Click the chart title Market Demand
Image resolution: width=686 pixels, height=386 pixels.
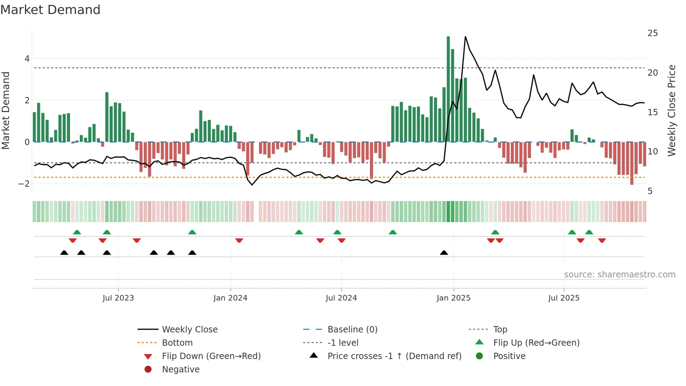tap(50, 10)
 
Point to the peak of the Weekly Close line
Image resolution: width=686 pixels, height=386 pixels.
tap(465, 37)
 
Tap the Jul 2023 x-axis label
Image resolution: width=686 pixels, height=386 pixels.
tap(118, 298)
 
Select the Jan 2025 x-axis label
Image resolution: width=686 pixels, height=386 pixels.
tap(454, 298)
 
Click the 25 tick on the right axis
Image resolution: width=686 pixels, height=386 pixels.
tap(652, 33)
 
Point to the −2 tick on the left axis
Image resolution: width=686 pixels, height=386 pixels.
tap(24, 184)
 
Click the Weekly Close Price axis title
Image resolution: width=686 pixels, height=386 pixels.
tap(671, 110)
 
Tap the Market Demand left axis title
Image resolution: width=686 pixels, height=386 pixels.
tap(6, 110)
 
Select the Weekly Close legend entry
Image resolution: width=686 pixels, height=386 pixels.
tap(189, 330)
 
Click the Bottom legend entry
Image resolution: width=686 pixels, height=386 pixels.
tap(177, 343)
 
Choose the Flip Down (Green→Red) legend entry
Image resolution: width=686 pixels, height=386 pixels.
tap(211, 356)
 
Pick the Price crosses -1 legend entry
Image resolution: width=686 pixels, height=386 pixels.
tap(394, 356)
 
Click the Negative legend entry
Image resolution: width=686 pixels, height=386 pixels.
tap(181, 370)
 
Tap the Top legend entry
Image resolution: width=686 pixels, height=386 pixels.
tap(500, 330)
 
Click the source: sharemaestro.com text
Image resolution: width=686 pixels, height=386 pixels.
tap(619, 275)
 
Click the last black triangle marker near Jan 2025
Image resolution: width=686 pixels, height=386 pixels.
tap(444, 253)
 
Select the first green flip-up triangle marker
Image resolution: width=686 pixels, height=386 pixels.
tap(77, 232)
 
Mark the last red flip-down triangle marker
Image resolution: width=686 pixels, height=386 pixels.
tap(602, 241)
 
